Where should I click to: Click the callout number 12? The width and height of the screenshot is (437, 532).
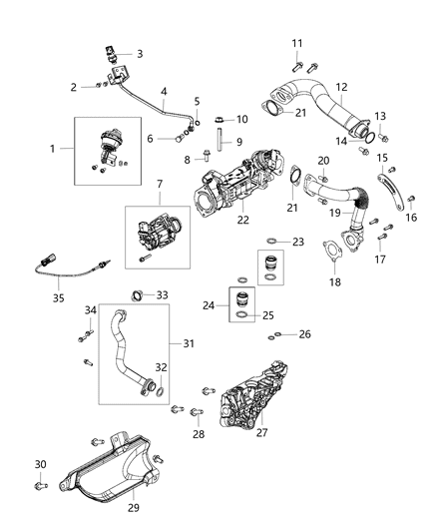[342, 87]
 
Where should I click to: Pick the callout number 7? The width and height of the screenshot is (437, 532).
[158, 185]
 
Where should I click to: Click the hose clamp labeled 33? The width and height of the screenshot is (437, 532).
[139, 293]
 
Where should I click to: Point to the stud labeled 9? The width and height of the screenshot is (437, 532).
[222, 145]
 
